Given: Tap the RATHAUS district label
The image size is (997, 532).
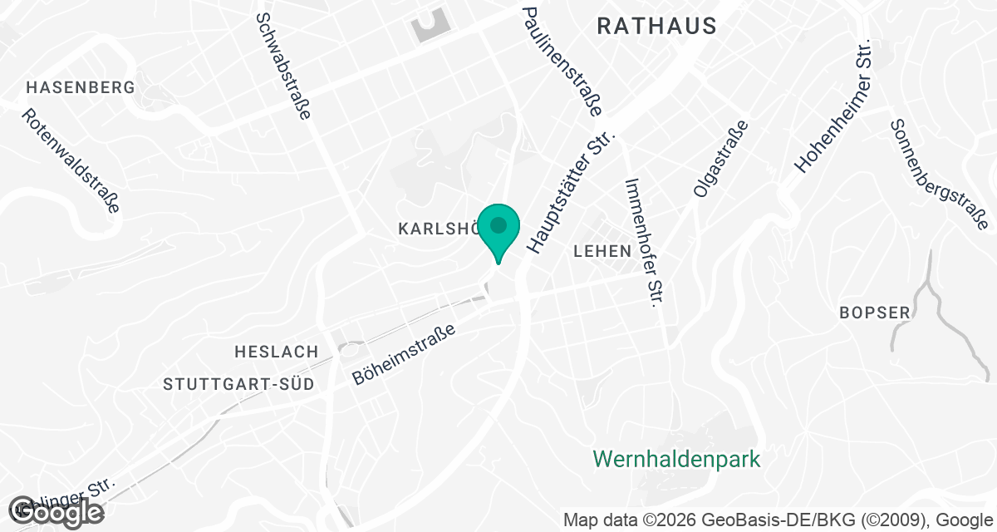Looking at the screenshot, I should coord(656,27).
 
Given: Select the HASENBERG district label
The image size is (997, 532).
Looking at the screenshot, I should coord(81,87).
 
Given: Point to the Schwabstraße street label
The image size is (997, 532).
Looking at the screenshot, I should coord(282,66).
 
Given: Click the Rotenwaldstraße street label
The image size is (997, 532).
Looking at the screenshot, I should coord(71,161).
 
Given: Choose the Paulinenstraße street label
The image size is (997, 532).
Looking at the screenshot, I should coord(562,61).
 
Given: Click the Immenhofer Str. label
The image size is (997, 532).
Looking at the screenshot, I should coord(645,242).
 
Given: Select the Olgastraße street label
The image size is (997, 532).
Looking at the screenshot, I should coord(720,159).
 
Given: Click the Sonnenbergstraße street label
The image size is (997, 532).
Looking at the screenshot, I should coord(938,175).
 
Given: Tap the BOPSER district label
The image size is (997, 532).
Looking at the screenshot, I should coord(875,313).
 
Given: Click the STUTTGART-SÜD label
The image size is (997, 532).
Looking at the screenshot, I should coord(239,385).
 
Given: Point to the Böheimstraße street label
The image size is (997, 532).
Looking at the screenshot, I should coord(405,353).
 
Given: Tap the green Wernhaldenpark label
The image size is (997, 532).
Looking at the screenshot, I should coord(677,459).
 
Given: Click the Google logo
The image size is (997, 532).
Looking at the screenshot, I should coord(56,512).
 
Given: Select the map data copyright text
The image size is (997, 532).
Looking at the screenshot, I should coord(778,520).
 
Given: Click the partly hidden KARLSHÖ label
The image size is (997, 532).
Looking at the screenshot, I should coord(436,228).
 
